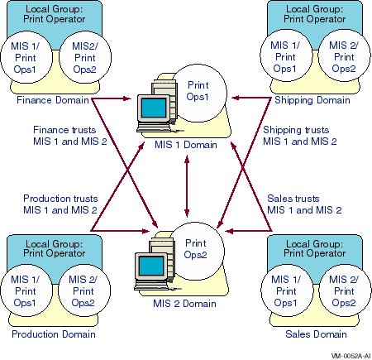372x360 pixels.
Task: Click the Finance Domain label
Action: click(53, 100)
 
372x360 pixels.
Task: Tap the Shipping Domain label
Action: click(312, 100)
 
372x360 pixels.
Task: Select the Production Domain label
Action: click(54, 334)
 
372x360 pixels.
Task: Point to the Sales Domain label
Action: click(316, 334)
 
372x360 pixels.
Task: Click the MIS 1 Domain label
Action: click(186, 145)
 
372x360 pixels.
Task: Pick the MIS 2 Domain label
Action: click(184, 304)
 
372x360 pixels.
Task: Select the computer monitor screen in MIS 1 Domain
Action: click(154, 108)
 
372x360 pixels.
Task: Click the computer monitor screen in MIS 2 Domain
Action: click(151, 266)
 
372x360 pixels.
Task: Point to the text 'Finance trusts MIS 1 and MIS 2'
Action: click(69, 136)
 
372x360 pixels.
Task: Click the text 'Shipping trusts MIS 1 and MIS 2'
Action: click(300, 136)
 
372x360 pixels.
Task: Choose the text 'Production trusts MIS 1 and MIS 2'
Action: click(60, 204)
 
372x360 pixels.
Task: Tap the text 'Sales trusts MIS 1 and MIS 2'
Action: click(304, 204)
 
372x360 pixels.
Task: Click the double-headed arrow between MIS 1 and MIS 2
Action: click(187, 186)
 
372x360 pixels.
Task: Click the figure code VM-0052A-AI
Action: click(351, 356)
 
